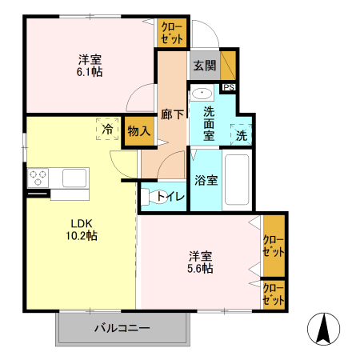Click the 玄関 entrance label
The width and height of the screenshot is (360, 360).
tap(203, 66)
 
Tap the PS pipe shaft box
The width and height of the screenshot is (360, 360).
tap(229, 88)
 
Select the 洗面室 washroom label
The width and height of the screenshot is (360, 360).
tap(208, 124)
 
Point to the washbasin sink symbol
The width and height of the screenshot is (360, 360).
tap(203, 93)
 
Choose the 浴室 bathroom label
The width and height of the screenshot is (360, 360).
tap(206, 180)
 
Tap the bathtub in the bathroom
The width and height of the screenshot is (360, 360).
tap(238, 180)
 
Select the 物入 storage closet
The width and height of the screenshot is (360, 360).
tap(138, 131)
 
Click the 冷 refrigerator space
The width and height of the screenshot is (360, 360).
tap(106, 128)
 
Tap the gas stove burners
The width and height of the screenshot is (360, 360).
tap(38, 177)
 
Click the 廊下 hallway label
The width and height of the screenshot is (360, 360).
tap(173, 114)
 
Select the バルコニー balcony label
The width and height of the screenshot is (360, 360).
tap(122, 328)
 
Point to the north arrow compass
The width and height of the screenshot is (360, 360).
tap(322, 329)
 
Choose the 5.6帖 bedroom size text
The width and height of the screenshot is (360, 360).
tap(200, 269)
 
